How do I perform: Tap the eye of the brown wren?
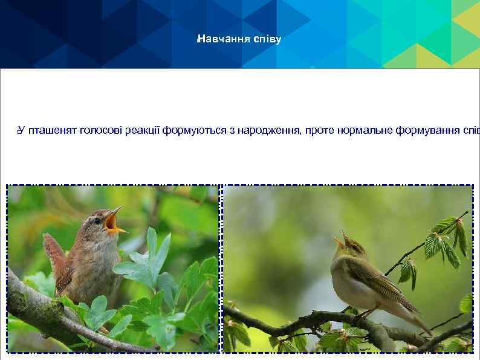[x=97, y=221]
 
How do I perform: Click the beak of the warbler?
[x=339, y=240]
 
